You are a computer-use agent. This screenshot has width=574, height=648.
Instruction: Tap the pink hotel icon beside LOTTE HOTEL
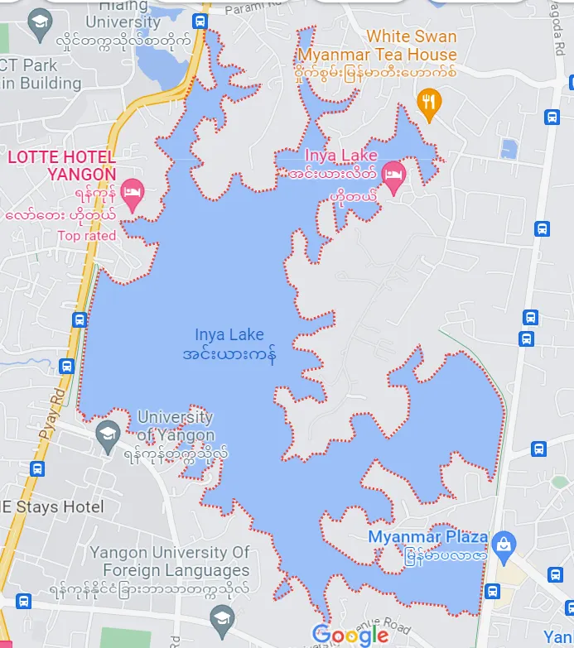pyautogui.click(x=132, y=193)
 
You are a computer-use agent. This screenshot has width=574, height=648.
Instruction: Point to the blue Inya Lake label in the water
pyautogui.click(x=229, y=335)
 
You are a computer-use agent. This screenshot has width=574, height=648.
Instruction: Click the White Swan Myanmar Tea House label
pyautogui.click(x=376, y=46)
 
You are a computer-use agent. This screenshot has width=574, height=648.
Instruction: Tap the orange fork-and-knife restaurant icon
pyautogui.click(x=428, y=102)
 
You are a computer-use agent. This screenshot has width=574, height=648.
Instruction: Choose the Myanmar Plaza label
pyautogui.click(x=427, y=537)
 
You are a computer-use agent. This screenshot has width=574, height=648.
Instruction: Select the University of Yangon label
pyautogui.click(x=175, y=426)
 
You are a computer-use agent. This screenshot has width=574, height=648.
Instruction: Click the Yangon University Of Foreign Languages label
pyautogui.click(x=169, y=561)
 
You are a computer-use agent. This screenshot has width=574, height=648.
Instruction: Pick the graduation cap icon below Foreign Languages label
pyautogui.click(x=220, y=617)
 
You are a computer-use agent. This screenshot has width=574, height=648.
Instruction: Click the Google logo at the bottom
pyautogui.click(x=350, y=635)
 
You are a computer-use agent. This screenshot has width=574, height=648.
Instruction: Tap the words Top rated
pyautogui.click(x=86, y=236)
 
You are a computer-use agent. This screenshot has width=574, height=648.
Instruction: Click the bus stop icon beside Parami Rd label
pyautogui.click(x=200, y=21)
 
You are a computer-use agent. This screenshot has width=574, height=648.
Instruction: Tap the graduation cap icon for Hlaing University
pyautogui.click(x=39, y=22)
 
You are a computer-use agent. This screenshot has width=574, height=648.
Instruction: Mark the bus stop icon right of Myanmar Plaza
pyautogui.click(x=492, y=591)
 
